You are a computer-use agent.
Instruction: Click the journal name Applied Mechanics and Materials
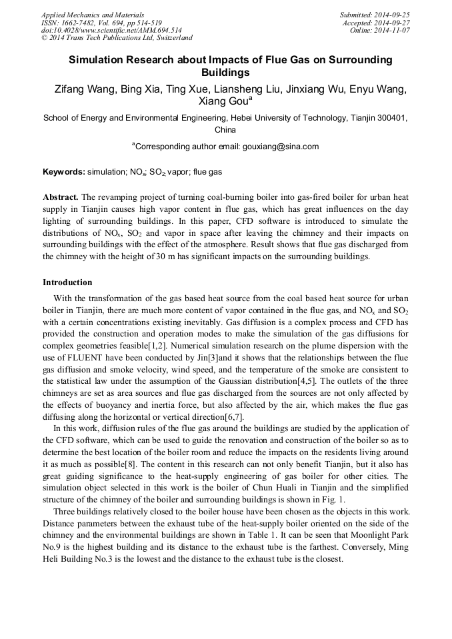(92, 15)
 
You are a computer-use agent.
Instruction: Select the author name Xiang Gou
(223, 102)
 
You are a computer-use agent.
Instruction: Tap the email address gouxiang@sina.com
(281, 147)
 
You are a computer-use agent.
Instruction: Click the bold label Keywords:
(63, 172)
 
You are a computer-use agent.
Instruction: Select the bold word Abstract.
(60, 198)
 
